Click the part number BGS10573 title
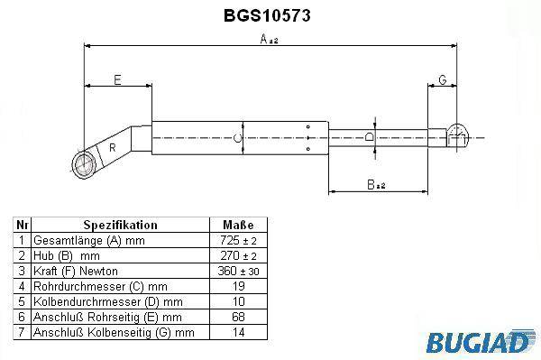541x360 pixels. pos(267,15)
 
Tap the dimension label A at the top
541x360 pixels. pos(269,39)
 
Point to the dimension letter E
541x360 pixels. pos(117,80)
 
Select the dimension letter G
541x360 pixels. pos(443,79)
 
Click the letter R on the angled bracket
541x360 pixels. pos(112,148)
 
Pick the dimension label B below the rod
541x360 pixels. pos(376,185)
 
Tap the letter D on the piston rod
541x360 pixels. pos(370,136)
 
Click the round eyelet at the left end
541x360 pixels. pos(83,164)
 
